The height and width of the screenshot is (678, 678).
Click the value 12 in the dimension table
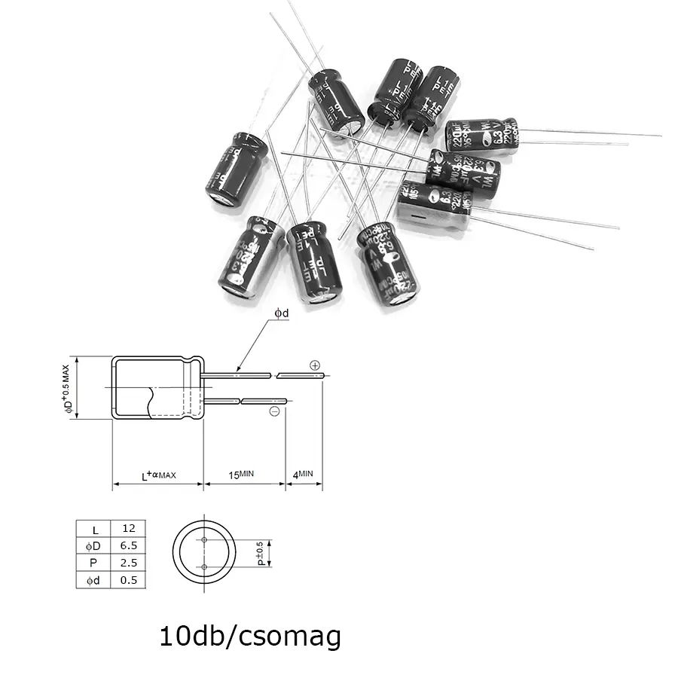[128, 528]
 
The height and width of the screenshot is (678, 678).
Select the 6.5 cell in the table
[128, 545]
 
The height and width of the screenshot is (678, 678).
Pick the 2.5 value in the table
[128, 563]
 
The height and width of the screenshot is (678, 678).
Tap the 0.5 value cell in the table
[128, 580]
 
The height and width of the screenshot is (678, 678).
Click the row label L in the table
[94, 528]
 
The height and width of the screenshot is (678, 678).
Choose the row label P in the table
[94, 563]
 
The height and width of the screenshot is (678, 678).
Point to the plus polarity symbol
[314, 365]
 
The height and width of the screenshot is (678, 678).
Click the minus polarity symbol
[274, 411]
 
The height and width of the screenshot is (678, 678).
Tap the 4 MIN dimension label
[302, 475]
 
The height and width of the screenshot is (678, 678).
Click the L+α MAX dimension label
[158, 475]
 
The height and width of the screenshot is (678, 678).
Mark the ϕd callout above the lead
[281, 313]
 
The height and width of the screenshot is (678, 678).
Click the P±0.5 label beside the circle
[261, 554]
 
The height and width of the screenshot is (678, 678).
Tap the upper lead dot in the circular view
[204, 540]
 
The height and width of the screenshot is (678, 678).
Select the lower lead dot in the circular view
[204, 567]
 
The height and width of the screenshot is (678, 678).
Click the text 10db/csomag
[250, 636]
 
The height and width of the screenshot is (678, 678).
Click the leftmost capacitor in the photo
[236, 169]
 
